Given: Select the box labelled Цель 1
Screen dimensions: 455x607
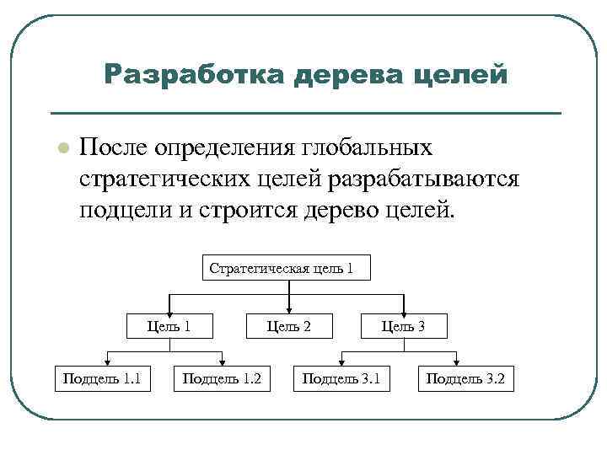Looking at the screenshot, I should point(169,325).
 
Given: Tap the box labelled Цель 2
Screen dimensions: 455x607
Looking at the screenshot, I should point(289,325).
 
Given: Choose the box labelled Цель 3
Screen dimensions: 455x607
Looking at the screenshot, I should point(403,325).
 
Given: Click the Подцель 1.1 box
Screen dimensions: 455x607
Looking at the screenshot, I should point(101,379).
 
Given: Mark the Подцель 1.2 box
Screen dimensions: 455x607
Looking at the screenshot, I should point(222,379).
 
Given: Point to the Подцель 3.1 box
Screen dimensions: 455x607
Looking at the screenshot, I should point(341,379).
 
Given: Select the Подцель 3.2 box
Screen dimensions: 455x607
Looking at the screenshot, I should point(465,379).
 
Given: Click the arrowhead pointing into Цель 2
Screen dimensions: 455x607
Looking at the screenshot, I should point(289,308).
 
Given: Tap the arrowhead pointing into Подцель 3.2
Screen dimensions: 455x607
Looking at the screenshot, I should point(466,361).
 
